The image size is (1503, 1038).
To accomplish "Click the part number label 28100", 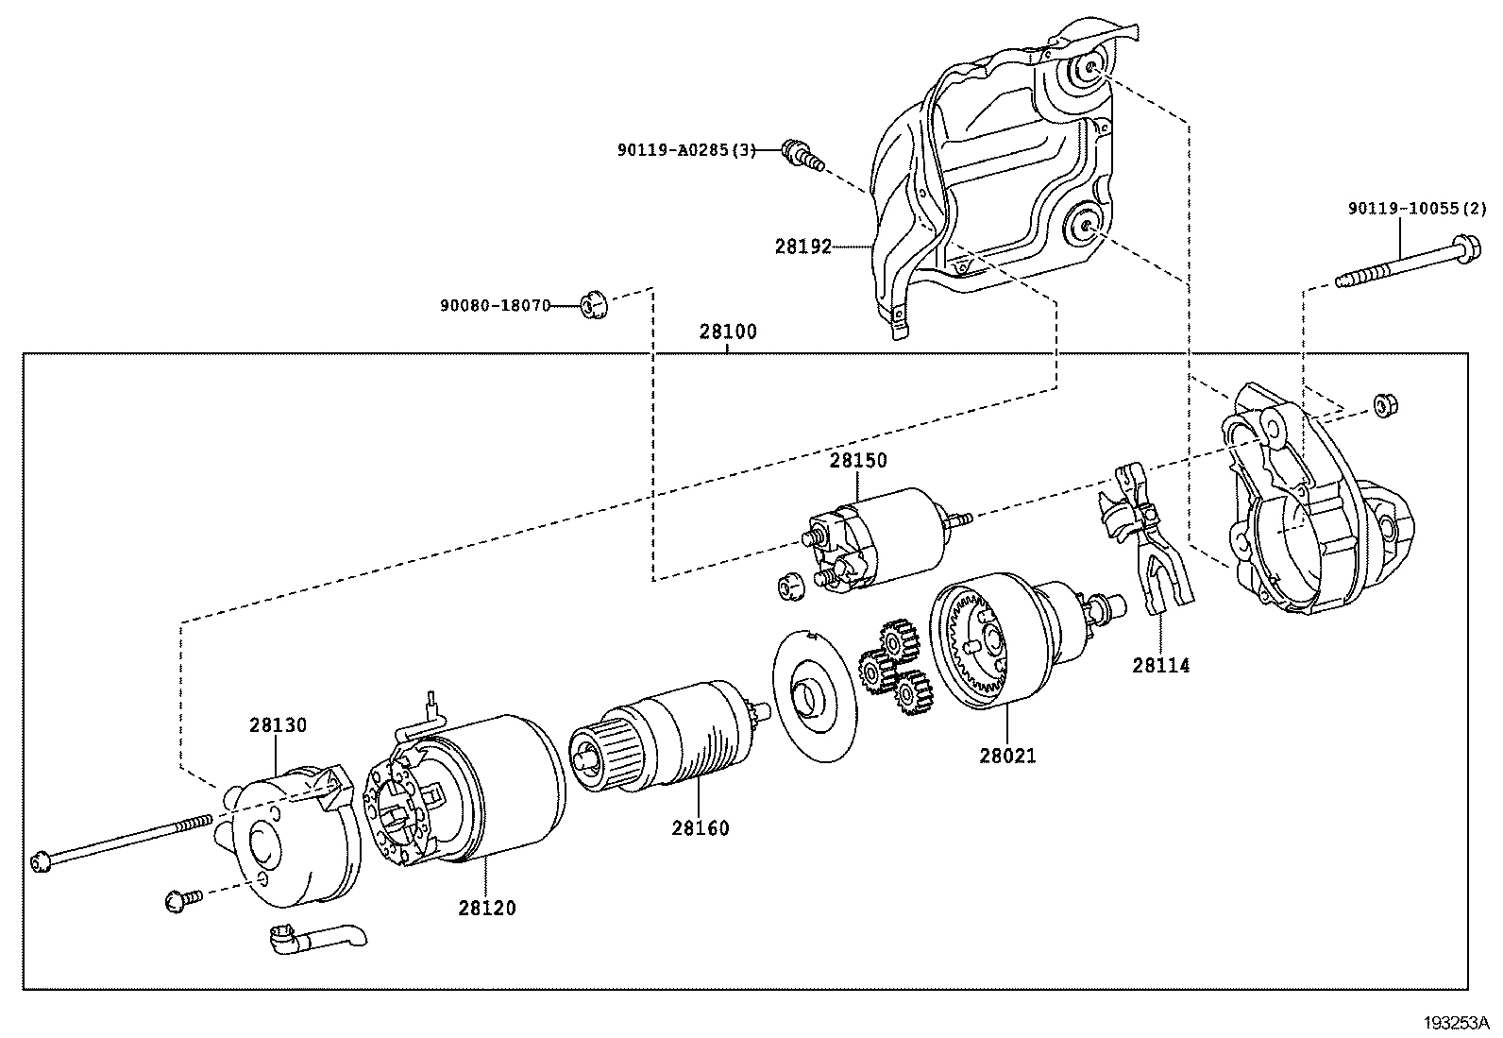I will click(x=728, y=332).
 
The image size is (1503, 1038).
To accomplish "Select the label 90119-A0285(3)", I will click(x=686, y=150).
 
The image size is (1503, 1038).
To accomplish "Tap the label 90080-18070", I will click(x=495, y=306).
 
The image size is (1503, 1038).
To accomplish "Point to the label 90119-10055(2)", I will click(x=1416, y=209).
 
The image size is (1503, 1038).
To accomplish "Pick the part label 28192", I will click(x=802, y=247).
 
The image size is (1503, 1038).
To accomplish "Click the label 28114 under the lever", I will click(x=1161, y=665).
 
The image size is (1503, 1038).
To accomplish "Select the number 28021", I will click(x=1007, y=756).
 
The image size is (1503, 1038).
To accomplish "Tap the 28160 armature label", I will click(x=701, y=828).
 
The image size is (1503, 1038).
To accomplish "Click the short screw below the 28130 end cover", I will click(x=184, y=898).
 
